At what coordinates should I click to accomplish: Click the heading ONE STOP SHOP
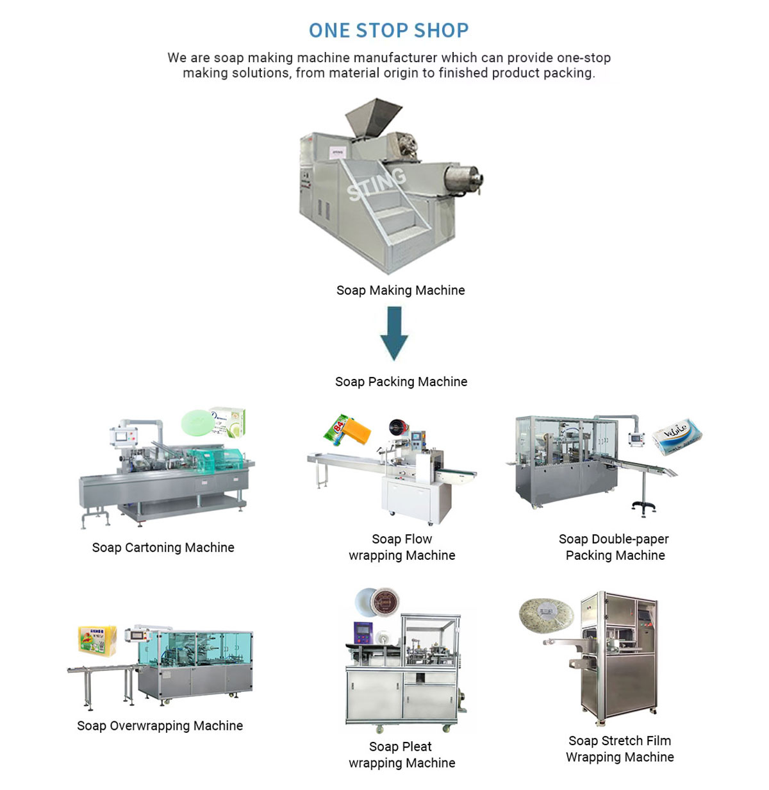[x=388, y=30]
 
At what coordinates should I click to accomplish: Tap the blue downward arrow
[x=394, y=332]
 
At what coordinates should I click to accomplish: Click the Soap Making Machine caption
[x=401, y=290]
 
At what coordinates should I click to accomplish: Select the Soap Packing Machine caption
[x=401, y=382]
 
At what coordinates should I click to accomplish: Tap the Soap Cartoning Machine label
[x=163, y=548]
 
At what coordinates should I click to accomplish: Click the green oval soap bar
[x=196, y=423]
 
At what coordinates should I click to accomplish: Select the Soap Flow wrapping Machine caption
[x=402, y=547]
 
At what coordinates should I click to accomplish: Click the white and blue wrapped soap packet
[x=677, y=435]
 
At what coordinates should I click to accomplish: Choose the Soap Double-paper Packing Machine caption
[x=615, y=547]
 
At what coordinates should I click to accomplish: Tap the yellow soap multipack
[x=97, y=641]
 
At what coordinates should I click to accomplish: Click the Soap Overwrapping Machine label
[x=160, y=726]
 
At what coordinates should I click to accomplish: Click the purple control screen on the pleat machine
[x=363, y=632]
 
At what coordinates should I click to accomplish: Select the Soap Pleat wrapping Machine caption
[x=402, y=755]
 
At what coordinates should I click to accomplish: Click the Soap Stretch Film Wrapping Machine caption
[x=620, y=749]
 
